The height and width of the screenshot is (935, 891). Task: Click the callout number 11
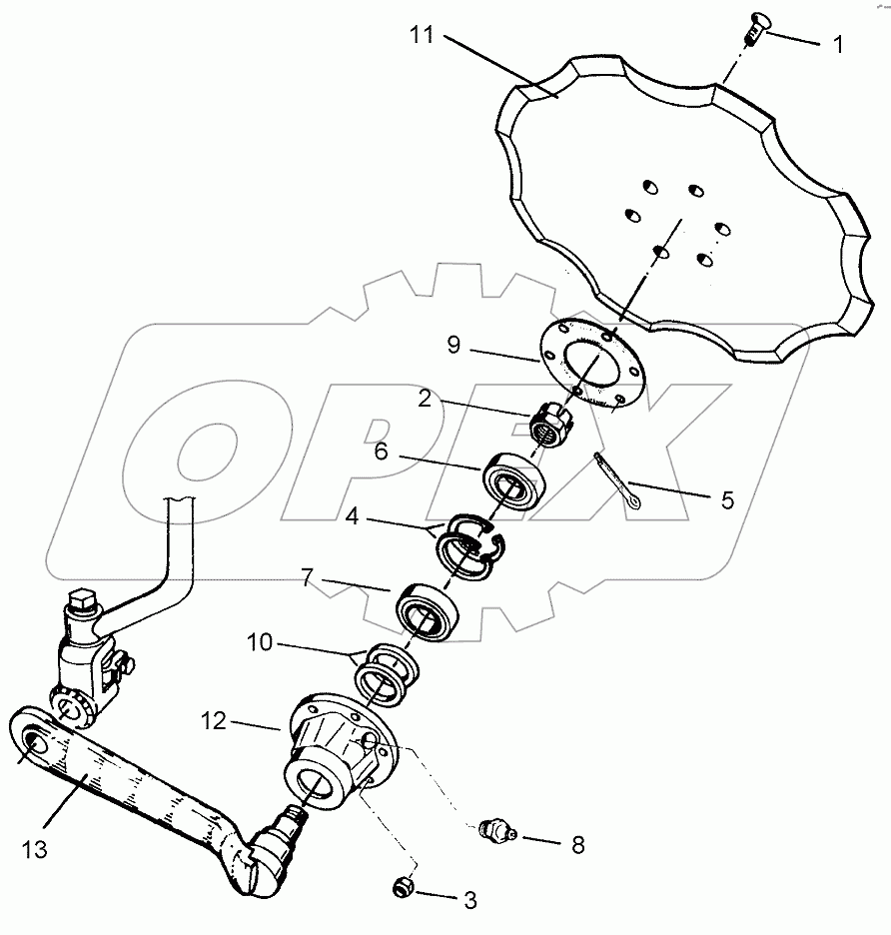coord(421,36)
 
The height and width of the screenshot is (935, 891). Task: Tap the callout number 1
coord(837,44)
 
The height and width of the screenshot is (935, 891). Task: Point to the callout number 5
coord(727,499)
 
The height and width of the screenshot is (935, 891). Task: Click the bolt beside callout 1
coord(751,34)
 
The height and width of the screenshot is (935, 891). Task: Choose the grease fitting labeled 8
coord(493,830)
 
